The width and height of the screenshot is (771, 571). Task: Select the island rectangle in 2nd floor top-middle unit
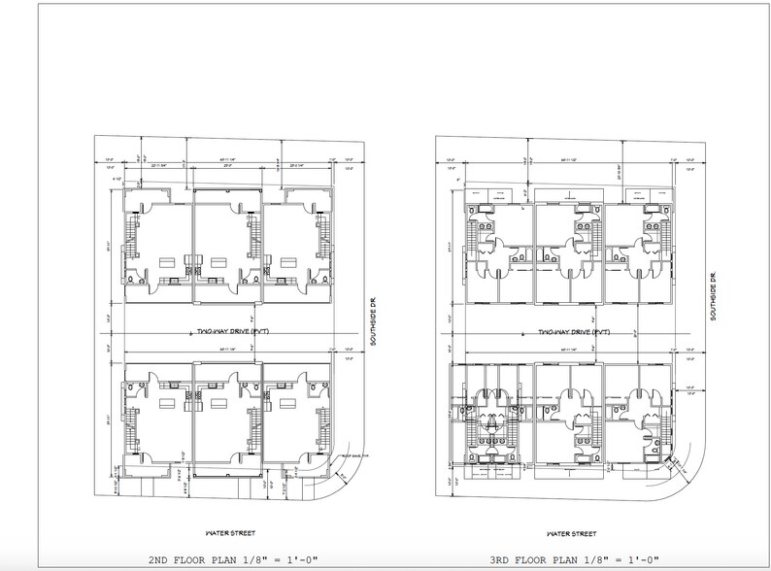(x=218, y=260)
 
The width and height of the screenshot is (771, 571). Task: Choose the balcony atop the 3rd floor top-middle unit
(x=569, y=193)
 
